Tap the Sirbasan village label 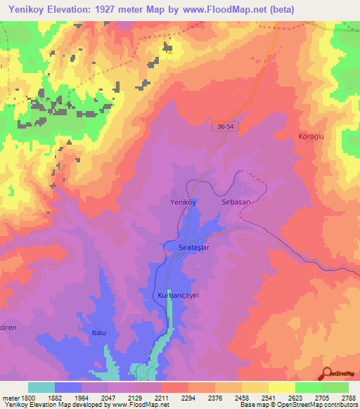pos(236,201)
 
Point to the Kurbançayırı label pos(179,296)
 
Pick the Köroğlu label pos(311,136)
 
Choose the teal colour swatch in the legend pos(41,387)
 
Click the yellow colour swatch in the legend pos(281,387)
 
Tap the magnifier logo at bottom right pos(328,374)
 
